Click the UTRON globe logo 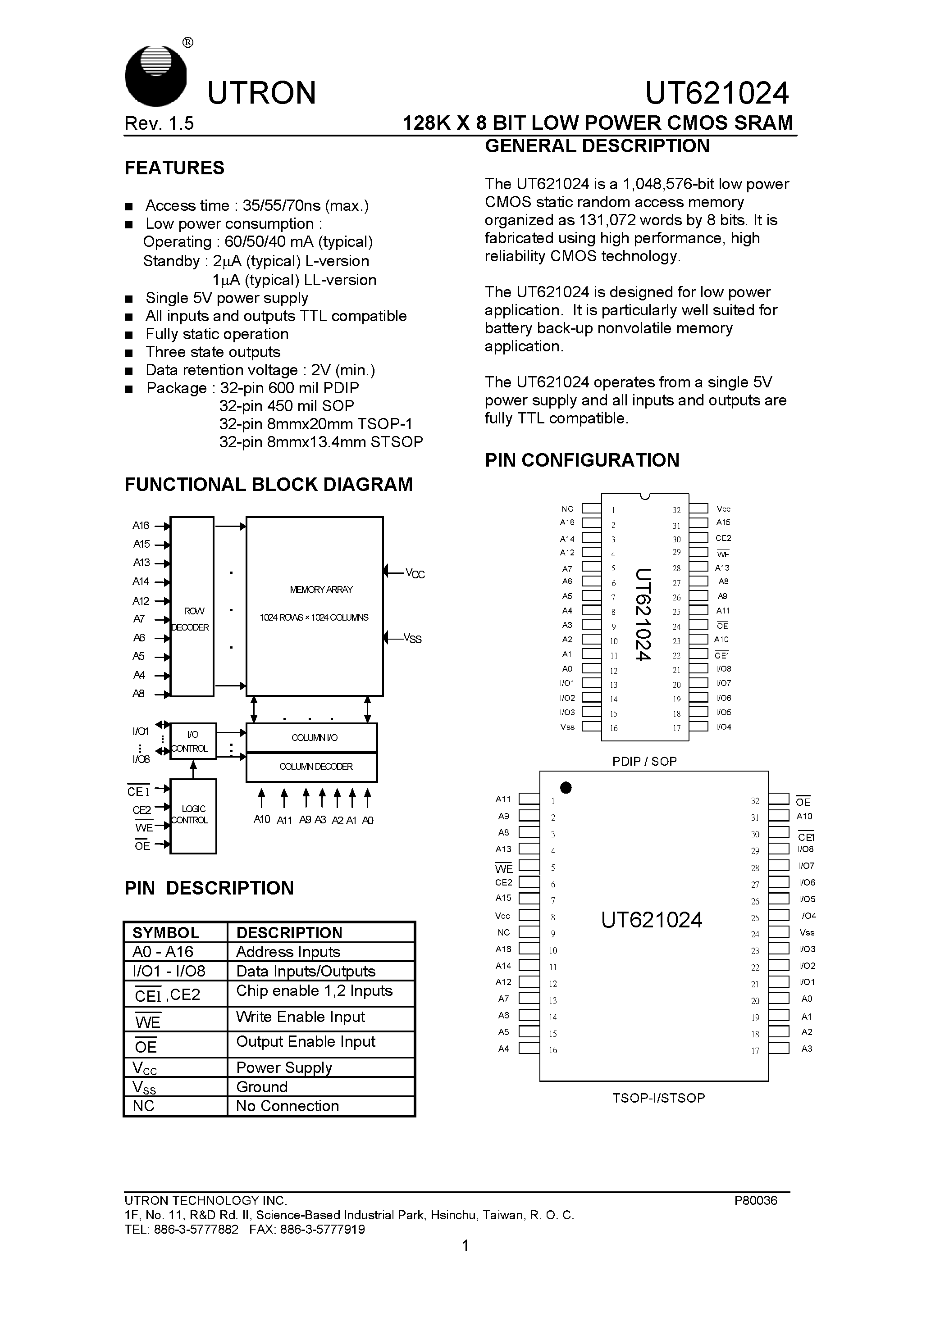coord(155,76)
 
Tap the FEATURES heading coord(174,168)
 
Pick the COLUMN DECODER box coord(312,767)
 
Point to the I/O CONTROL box coord(193,741)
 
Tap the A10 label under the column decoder coord(262,820)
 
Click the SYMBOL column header coord(166,932)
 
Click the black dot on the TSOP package coord(566,788)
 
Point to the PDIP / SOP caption coord(644,761)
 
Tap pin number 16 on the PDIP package coord(614,728)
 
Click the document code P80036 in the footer coord(755,1200)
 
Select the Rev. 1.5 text coord(159,123)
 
